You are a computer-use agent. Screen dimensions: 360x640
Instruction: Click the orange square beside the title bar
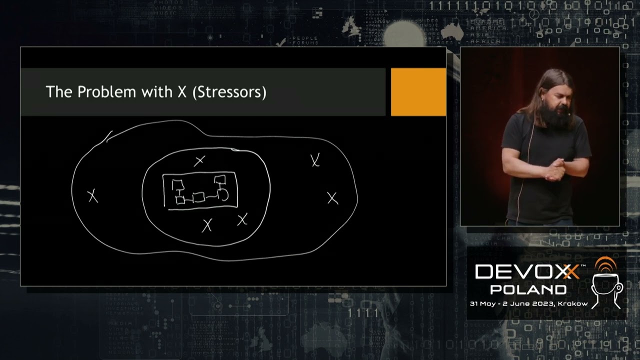tap(418, 92)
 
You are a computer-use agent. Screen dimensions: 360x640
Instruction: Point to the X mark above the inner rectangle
tap(199, 161)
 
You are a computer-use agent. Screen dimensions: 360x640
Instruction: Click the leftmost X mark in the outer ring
tap(93, 196)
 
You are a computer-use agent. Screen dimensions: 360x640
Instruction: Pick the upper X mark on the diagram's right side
tap(315, 160)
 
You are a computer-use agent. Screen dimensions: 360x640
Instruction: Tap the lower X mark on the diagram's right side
tap(332, 198)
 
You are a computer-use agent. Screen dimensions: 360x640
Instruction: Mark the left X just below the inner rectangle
tap(206, 225)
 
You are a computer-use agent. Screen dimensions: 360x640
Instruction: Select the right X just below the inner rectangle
tap(242, 219)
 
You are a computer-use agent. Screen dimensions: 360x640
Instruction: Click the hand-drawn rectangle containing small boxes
tap(200, 190)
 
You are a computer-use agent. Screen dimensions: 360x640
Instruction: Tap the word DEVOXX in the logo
tap(527, 272)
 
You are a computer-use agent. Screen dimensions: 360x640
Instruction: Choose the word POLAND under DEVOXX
tap(528, 289)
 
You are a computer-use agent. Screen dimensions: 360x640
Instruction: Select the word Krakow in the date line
tap(573, 303)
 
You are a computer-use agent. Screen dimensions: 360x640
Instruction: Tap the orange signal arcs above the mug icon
tap(605, 265)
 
